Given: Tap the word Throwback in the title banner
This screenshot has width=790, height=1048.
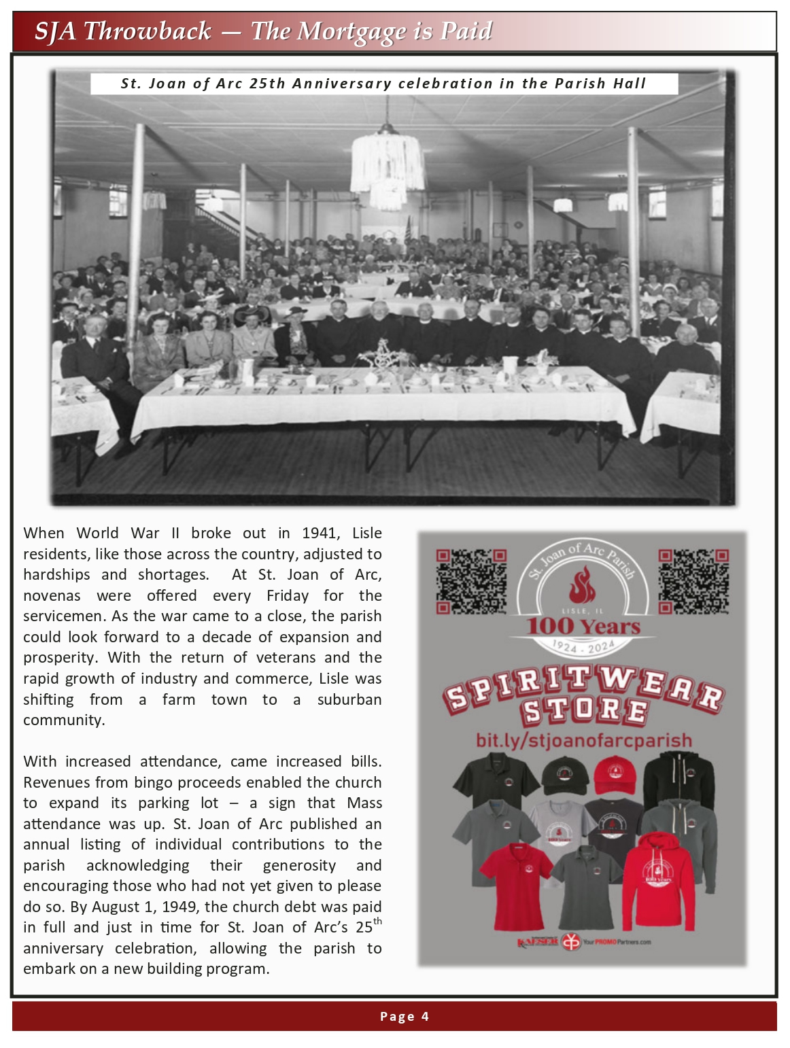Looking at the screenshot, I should [x=148, y=31].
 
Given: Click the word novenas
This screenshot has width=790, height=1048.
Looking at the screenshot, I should [x=52, y=596].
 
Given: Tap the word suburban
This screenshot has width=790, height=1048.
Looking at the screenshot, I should [x=349, y=700].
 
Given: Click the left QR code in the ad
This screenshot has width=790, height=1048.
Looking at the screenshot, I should [x=471, y=582].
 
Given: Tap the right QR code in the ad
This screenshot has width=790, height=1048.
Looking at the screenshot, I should [x=693, y=582].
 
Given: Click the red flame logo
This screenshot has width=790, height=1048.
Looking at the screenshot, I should [x=581, y=586].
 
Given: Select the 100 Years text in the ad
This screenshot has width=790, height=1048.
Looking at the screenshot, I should [x=583, y=627].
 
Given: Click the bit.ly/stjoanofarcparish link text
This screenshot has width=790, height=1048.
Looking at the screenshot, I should [x=583, y=740].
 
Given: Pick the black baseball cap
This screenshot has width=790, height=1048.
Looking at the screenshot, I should [x=564, y=776].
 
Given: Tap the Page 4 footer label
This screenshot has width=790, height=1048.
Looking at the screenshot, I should [x=405, y=1017].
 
